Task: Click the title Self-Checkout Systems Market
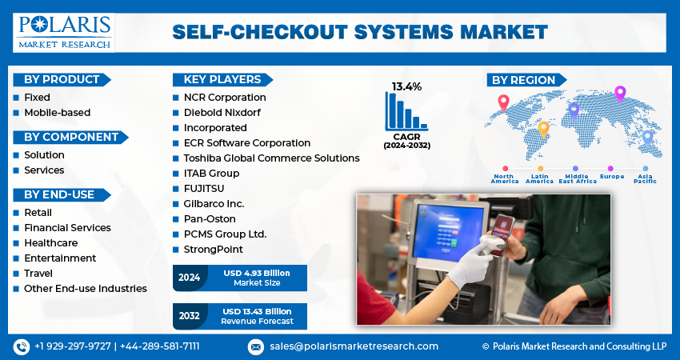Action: pos(360,32)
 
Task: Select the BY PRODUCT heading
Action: pos(62,80)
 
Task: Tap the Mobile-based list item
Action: pos(57,113)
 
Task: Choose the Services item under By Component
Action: pos(44,170)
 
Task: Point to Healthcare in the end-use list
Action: pos(50,243)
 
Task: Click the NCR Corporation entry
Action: pos(225,98)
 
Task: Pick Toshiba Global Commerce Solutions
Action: pos(271,158)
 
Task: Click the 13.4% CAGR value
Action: pos(406,86)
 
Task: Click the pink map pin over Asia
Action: pos(619,94)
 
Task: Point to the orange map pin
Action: pos(543,128)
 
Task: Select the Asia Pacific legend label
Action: pos(645,179)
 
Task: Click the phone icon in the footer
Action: pos(21,346)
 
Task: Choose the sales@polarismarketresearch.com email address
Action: pos(353,346)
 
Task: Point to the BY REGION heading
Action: pos(523,80)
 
